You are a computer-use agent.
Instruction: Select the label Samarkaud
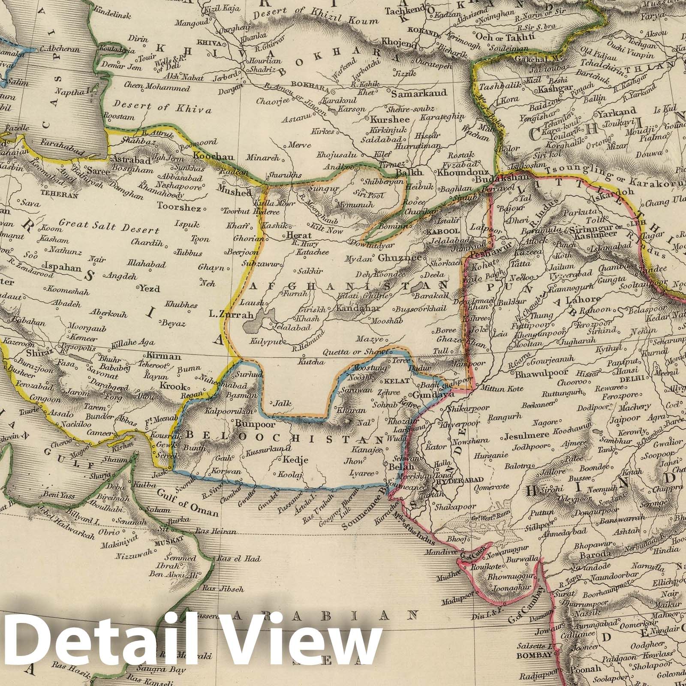point(419,93)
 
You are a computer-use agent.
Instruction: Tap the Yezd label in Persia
point(149,289)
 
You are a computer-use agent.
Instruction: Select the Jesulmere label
point(527,437)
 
